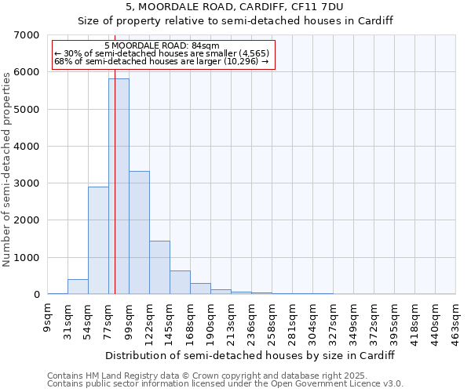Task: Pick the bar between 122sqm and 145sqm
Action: click(159, 267)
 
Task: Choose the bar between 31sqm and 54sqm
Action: click(78, 287)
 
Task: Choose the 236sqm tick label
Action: click(251, 320)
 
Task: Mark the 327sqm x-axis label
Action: click(333, 320)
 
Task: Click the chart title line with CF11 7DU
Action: click(235, 6)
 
